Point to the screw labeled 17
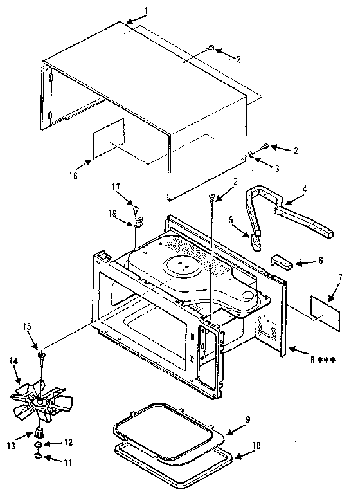pyautogui.click(x=137, y=208)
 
